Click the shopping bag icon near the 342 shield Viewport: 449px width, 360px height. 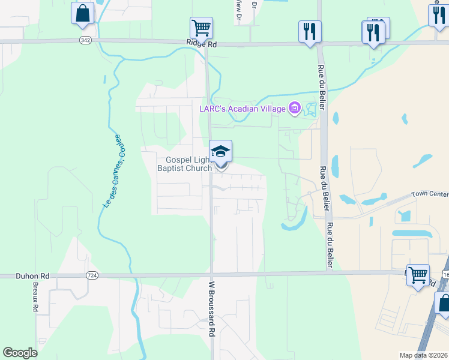[82, 13]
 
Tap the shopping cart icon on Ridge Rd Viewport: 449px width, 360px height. [201, 28]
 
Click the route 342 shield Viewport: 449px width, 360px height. [85, 40]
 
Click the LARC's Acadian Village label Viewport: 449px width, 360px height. [243, 109]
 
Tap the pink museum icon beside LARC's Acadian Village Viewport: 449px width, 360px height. [294, 109]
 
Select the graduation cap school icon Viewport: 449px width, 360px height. [220, 151]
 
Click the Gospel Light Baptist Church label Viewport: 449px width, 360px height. [185, 164]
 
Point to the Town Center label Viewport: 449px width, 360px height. [430, 194]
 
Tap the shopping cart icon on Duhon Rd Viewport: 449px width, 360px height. [418, 275]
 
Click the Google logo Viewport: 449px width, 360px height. [20, 353]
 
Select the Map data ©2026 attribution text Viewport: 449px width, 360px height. [423, 355]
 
